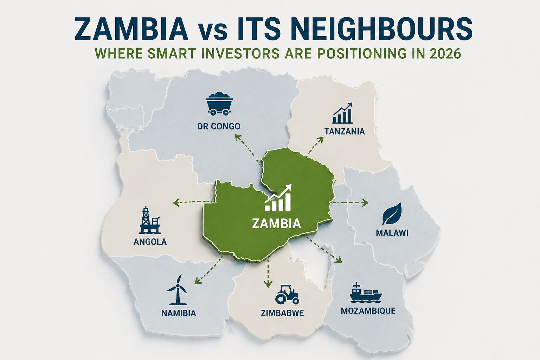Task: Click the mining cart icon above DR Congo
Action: (219, 104)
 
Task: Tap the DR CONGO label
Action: (219, 126)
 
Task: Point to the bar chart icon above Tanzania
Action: (343, 113)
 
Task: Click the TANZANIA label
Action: (345, 132)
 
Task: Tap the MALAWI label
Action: (392, 233)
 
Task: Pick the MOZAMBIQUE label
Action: (368, 311)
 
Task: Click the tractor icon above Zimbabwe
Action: (287, 294)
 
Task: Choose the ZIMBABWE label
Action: (282, 313)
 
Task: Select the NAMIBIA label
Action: (179, 313)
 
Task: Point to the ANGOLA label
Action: (150, 242)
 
